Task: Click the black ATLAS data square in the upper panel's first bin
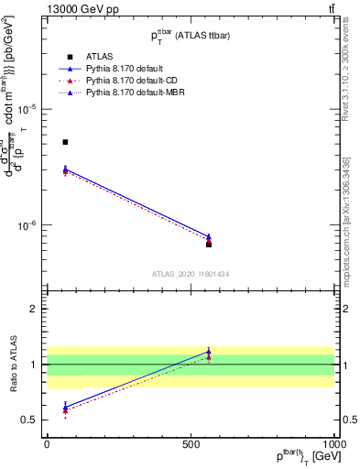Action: coord(65,142)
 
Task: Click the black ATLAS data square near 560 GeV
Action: coord(209,244)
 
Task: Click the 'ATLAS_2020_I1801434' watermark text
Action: coord(191,274)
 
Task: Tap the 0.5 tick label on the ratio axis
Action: coord(32,420)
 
